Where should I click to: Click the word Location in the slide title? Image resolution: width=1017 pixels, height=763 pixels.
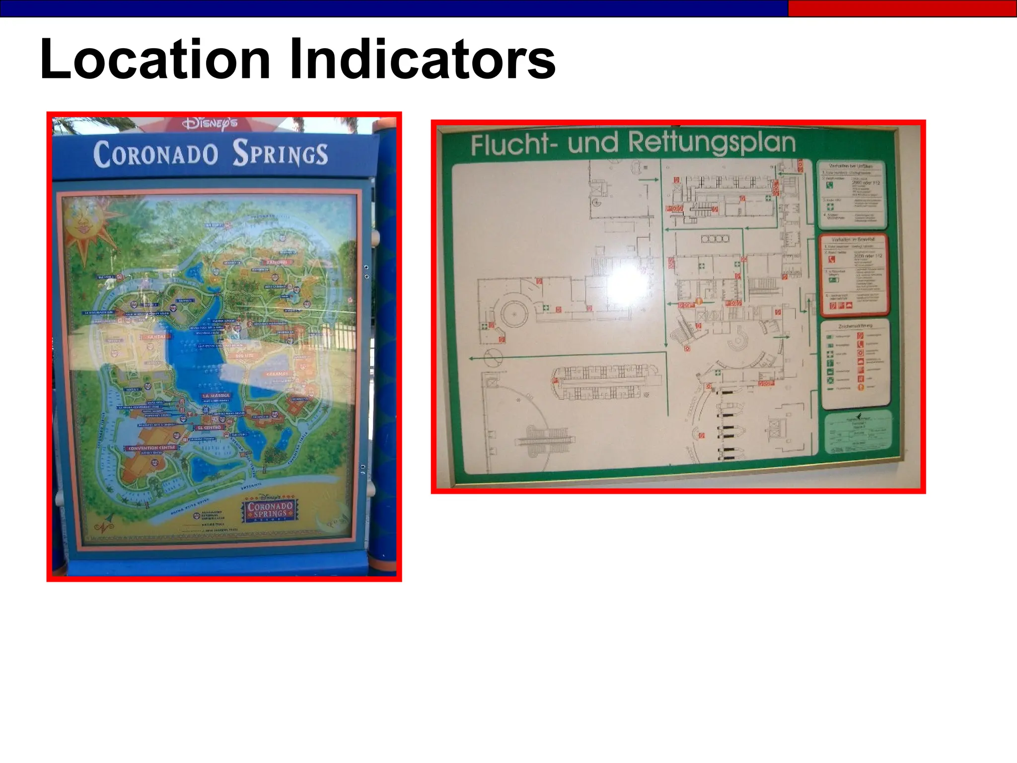(155, 60)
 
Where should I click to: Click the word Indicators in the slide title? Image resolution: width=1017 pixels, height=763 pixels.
(422, 60)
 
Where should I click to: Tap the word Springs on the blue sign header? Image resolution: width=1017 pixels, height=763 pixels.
(281, 153)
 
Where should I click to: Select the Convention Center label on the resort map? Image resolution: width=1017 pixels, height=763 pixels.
(151, 448)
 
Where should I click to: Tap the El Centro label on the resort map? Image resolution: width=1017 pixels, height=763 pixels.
(209, 427)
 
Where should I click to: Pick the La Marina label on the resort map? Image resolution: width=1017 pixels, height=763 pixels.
(216, 396)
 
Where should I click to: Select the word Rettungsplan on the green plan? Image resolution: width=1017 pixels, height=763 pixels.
(711, 143)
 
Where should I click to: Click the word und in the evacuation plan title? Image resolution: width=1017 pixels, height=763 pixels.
(595, 144)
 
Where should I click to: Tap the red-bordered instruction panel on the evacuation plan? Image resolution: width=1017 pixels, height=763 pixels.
(853, 275)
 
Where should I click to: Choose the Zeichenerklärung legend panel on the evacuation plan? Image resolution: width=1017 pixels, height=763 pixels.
(854, 363)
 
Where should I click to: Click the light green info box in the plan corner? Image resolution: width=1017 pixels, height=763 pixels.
(858, 432)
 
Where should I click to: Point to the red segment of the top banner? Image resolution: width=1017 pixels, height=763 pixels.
(902, 8)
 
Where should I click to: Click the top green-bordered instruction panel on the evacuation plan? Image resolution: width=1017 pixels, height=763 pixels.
(851, 194)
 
